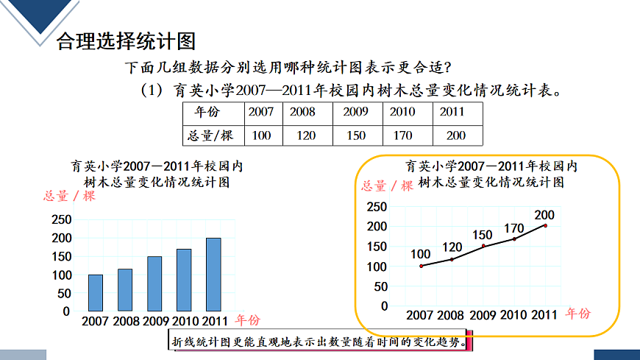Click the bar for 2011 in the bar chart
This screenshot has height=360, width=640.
pyautogui.click(x=213, y=274)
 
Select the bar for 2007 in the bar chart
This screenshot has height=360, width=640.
pyautogui.click(x=96, y=292)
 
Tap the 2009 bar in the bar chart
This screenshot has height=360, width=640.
pyautogui.click(x=154, y=283)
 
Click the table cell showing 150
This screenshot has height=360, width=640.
pyautogui.click(x=356, y=135)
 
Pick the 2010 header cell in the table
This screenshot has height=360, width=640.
pyautogui.click(x=402, y=113)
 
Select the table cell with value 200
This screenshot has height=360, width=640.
pyautogui.click(x=456, y=135)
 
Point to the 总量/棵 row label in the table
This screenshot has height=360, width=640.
pyautogui.click(x=210, y=135)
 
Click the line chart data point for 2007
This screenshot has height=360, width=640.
pyautogui.click(x=421, y=266)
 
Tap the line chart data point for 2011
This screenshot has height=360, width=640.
pyautogui.click(x=545, y=225)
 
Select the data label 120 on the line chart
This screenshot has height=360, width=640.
pyautogui.click(x=452, y=247)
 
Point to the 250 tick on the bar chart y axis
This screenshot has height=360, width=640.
pyautogui.click(x=61, y=219)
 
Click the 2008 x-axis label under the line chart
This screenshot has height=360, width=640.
pyautogui.click(x=450, y=316)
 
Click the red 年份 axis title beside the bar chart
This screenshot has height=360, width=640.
pyautogui.click(x=247, y=320)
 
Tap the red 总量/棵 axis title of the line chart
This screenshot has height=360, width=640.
pyautogui.click(x=388, y=186)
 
